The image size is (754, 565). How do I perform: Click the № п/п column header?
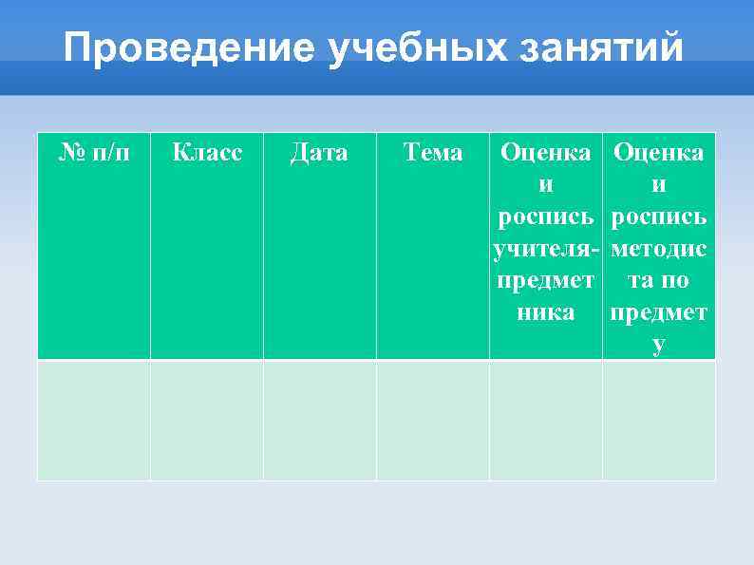pyautogui.click(x=94, y=152)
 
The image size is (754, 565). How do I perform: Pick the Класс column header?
pyautogui.click(x=207, y=152)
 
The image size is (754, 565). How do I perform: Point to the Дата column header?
pyautogui.click(x=319, y=152)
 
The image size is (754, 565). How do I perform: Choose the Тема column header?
pyautogui.click(x=433, y=152)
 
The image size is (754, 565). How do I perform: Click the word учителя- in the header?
pyautogui.click(x=546, y=249)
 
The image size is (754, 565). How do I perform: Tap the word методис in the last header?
pyautogui.click(x=659, y=249)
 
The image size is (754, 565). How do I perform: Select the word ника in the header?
pyautogui.click(x=546, y=312)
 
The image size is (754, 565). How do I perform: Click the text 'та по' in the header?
pyautogui.click(x=659, y=281)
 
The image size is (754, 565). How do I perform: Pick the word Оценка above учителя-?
pyautogui.click(x=546, y=152)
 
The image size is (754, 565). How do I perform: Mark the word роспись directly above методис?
pyautogui.click(x=659, y=217)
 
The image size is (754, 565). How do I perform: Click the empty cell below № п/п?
pyautogui.click(x=94, y=420)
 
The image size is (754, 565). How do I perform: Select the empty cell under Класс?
pyautogui.click(x=207, y=420)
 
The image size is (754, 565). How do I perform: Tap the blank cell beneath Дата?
pyautogui.click(x=319, y=420)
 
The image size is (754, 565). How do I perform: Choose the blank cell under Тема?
pyautogui.click(x=433, y=420)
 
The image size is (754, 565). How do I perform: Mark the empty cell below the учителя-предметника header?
pyautogui.click(x=546, y=420)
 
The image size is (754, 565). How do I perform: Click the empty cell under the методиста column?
pyautogui.click(x=659, y=420)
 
